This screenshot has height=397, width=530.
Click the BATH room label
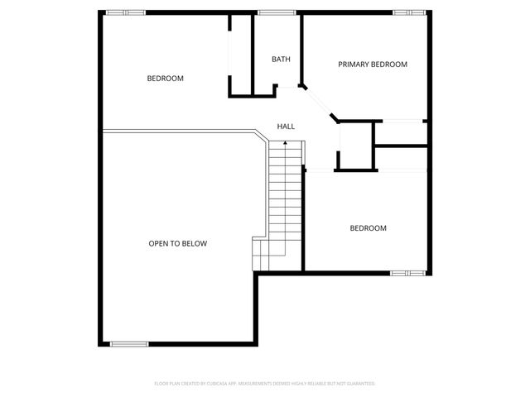coord(281,59)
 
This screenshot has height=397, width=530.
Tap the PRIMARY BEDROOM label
coord(372,64)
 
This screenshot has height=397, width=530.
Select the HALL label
coord(286,127)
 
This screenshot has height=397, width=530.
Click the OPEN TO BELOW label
coord(177,243)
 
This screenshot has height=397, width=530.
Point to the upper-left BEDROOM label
coord(165,79)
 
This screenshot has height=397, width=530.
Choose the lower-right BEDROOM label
coord(368,228)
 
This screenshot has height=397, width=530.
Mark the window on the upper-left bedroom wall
coord(125,12)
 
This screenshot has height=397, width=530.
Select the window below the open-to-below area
coord(129,343)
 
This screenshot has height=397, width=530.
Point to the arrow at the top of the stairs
coord(286,144)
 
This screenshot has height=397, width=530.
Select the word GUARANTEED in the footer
coord(359,384)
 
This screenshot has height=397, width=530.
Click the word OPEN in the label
coord(158,243)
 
